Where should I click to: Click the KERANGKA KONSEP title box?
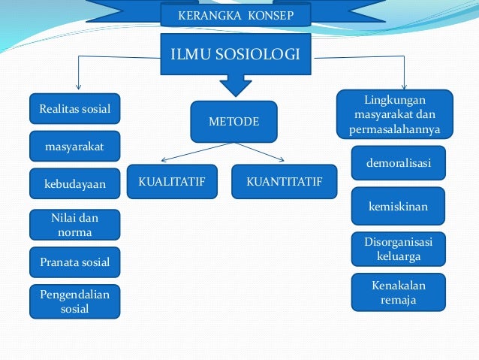pyautogui.click(x=234, y=15)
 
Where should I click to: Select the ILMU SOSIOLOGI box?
pyautogui.click(x=236, y=54)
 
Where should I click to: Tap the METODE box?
pyautogui.click(x=233, y=121)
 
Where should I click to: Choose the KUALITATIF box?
pyautogui.click(x=172, y=181)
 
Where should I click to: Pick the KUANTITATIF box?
pyautogui.click(x=285, y=181)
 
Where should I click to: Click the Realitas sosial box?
pyautogui.click(x=74, y=109)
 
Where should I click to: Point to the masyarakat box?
pyautogui.click(x=74, y=146)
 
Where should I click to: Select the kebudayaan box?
pyautogui.click(x=74, y=183)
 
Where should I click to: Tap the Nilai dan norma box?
pyautogui.click(x=74, y=224)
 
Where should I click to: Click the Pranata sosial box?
pyautogui.click(x=74, y=262)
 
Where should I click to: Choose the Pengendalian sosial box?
pyautogui.click(x=74, y=301)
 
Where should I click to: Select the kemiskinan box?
pyautogui.click(x=399, y=205)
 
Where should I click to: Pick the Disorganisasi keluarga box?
pyautogui.click(x=399, y=249)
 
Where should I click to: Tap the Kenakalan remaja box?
pyautogui.click(x=399, y=292)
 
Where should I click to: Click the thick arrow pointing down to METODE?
pyautogui.click(x=235, y=85)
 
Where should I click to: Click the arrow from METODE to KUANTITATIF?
pyautogui.click(x=259, y=152)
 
